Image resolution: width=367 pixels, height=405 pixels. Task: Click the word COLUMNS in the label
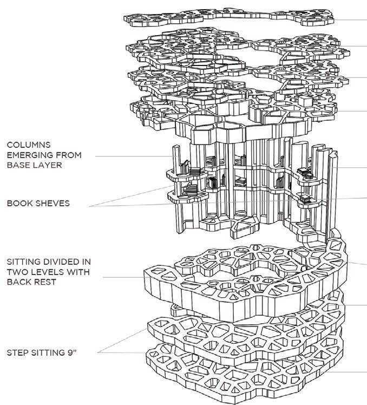click(x=29, y=145)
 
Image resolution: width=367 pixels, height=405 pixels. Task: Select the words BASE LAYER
click(x=34, y=165)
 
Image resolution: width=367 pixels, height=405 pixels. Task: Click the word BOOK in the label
click(x=17, y=203)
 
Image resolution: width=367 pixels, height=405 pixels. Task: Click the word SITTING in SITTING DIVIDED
click(x=23, y=262)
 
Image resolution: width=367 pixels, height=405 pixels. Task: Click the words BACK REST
click(x=31, y=282)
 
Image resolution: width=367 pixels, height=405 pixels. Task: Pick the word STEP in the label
click(x=17, y=353)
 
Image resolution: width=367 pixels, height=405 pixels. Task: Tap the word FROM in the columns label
click(x=67, y=155)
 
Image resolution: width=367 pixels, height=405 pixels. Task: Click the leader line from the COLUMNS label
click(x=134, y=156)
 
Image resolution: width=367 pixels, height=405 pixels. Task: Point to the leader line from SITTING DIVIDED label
click(x=124, y=277)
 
